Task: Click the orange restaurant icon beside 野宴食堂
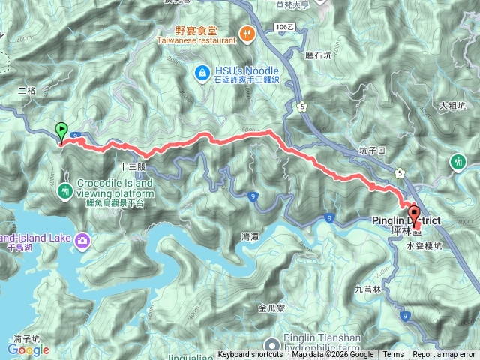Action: coord(245,32)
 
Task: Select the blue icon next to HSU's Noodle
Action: coord(201,72)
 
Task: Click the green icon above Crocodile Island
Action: coord(66,191)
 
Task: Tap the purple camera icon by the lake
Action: coord(81,240)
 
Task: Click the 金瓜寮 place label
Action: coord(271,307)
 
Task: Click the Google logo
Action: coord(28,349)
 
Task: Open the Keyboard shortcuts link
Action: coord(251,355)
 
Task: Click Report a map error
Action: coord(445,355)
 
